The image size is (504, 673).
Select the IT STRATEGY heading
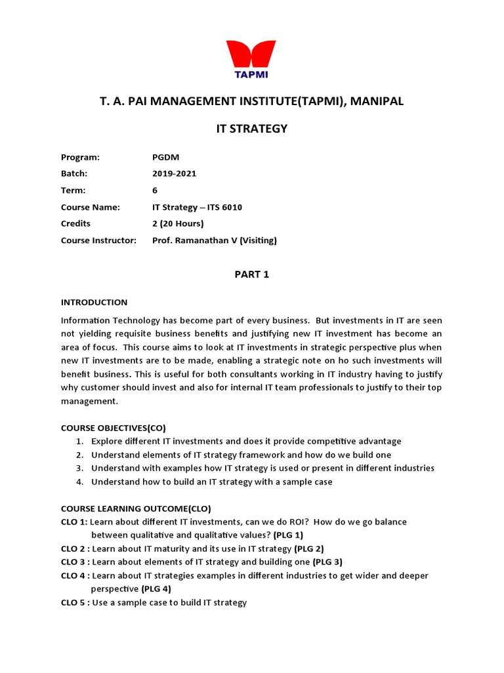coord(252,129)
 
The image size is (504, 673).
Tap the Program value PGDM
coord(165,157)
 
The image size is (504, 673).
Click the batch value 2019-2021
coord(174,174)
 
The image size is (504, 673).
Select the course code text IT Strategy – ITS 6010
coord(197,208)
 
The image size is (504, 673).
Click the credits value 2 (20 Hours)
coord(178,224)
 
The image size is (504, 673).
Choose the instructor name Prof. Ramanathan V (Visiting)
coord(214,241)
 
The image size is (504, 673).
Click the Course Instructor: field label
coord(98,241)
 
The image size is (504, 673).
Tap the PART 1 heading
coord(252,275)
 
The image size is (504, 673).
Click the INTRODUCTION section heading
coord(94,302)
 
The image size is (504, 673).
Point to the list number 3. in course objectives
coord(79,468)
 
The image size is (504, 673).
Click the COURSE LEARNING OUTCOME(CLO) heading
coord(136,509)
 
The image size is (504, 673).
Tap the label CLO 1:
coord(73,522)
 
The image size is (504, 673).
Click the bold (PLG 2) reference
coord(309,549)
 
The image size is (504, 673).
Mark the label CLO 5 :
coord(75,603)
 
